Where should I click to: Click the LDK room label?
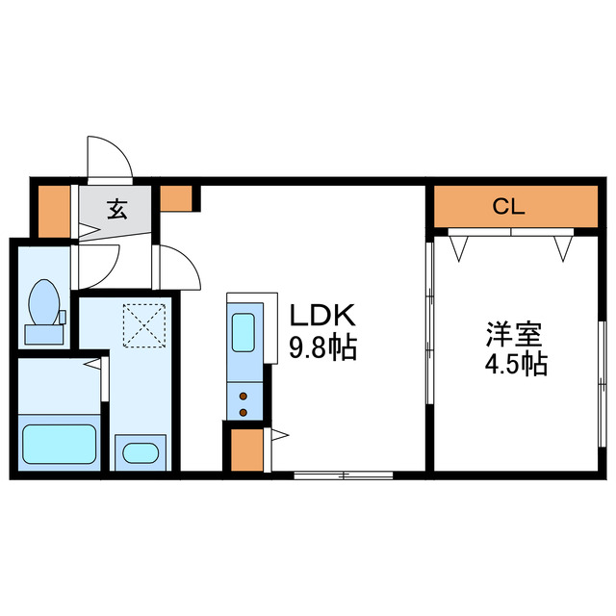tap(323, 316)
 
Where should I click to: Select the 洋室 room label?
tap(513, 337)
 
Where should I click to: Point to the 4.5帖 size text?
tap(513, 366)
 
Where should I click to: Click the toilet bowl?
tap(42, 302)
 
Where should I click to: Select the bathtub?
tap(60, 446)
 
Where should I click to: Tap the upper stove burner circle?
tap(244, 395)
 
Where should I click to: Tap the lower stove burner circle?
tap(244, 412)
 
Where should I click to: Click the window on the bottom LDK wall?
tap(343, 475)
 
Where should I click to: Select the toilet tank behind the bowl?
tap(43, 334)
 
